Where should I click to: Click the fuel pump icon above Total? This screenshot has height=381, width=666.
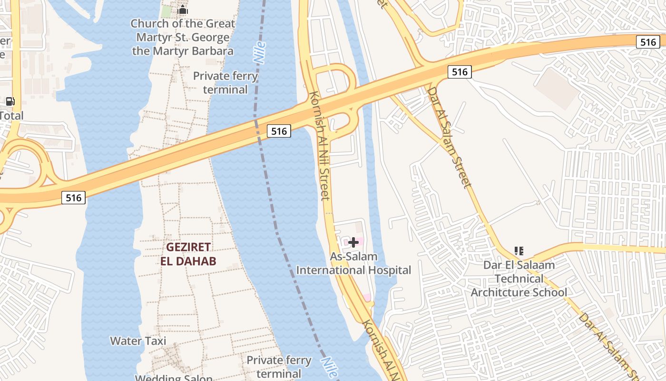(x=10, y=101)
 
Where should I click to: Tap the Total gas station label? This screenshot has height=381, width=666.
(x=11, y=115)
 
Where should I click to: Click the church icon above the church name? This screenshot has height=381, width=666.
(x=183, y=10)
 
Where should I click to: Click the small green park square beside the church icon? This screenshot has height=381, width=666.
(x=166, y=11)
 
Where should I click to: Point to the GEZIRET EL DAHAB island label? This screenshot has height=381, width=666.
(x=188, y=254)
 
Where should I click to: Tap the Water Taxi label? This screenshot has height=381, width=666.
(x=138, y=341)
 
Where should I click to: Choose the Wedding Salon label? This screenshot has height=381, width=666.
(x=174, y=378)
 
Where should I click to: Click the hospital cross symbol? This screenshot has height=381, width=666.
(x=353, y=242)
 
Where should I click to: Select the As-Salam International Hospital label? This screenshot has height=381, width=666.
(x=353, y=263)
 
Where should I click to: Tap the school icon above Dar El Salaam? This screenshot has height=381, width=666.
(x=519, y=251)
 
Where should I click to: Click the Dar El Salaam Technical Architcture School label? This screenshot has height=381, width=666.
(x=519, y=279)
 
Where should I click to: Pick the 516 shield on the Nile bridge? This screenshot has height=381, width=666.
(x=278, y=131)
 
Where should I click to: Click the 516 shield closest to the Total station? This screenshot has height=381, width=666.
(x=74, y=197)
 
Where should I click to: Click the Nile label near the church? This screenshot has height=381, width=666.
(x=260, y=53)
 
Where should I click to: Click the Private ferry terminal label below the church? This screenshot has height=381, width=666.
(x=225, y=82)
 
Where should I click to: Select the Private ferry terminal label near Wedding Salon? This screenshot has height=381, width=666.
(x=279, y=367)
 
